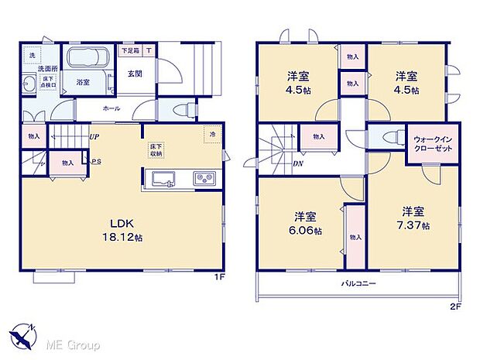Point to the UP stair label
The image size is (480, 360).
tap(94, 137)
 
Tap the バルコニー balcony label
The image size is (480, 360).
tap(359, 283)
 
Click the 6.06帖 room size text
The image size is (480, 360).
tap(303, 230)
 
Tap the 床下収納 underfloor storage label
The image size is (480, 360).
tap(156, 147)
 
